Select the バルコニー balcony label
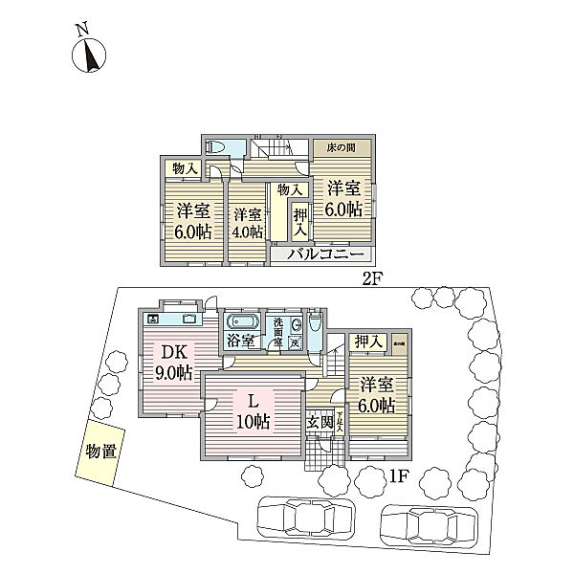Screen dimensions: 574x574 pyautogui.click(x=322, y=255)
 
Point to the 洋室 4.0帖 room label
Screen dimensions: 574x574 pyautogui.click(x=247, y=223)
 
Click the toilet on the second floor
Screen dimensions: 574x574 pyautogui.click(x=217, y=146)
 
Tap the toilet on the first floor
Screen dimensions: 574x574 pyautogui.click(x=298, y=324)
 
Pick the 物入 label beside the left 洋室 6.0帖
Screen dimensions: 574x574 pyautogui.click(x=184, y=168)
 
